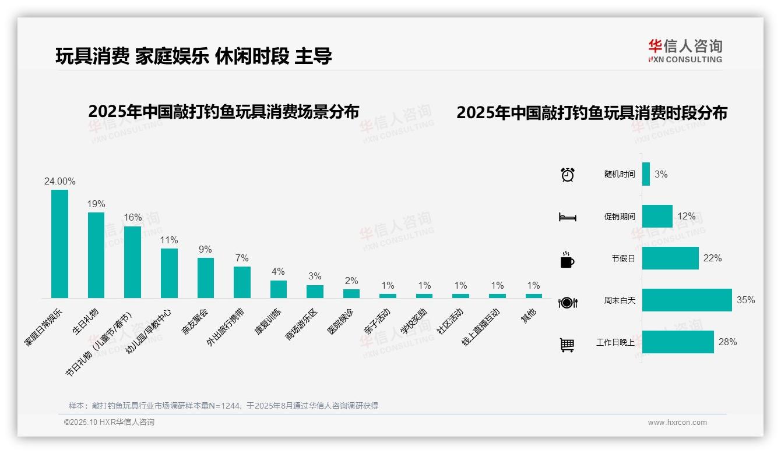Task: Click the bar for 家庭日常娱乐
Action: coord(59,244)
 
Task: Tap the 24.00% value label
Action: coord(59,182)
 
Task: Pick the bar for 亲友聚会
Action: coord(206,278)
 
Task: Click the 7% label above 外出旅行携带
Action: coord(242,258)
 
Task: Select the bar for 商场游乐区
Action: coord(315,291)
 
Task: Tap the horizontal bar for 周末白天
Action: coord(687,300)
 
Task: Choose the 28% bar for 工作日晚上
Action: coord(678,342)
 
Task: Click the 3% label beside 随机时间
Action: coord(661,174)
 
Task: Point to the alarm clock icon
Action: coord(567,175)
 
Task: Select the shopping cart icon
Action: coord(567,345)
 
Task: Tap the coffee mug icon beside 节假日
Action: coord(567,260)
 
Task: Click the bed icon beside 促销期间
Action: coord(567,217)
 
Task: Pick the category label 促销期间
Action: coord(620,217)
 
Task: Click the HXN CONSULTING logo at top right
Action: coord(685,51)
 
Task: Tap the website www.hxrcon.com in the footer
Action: coord(677,423)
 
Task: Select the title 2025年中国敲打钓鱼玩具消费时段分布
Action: coord(592,113)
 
